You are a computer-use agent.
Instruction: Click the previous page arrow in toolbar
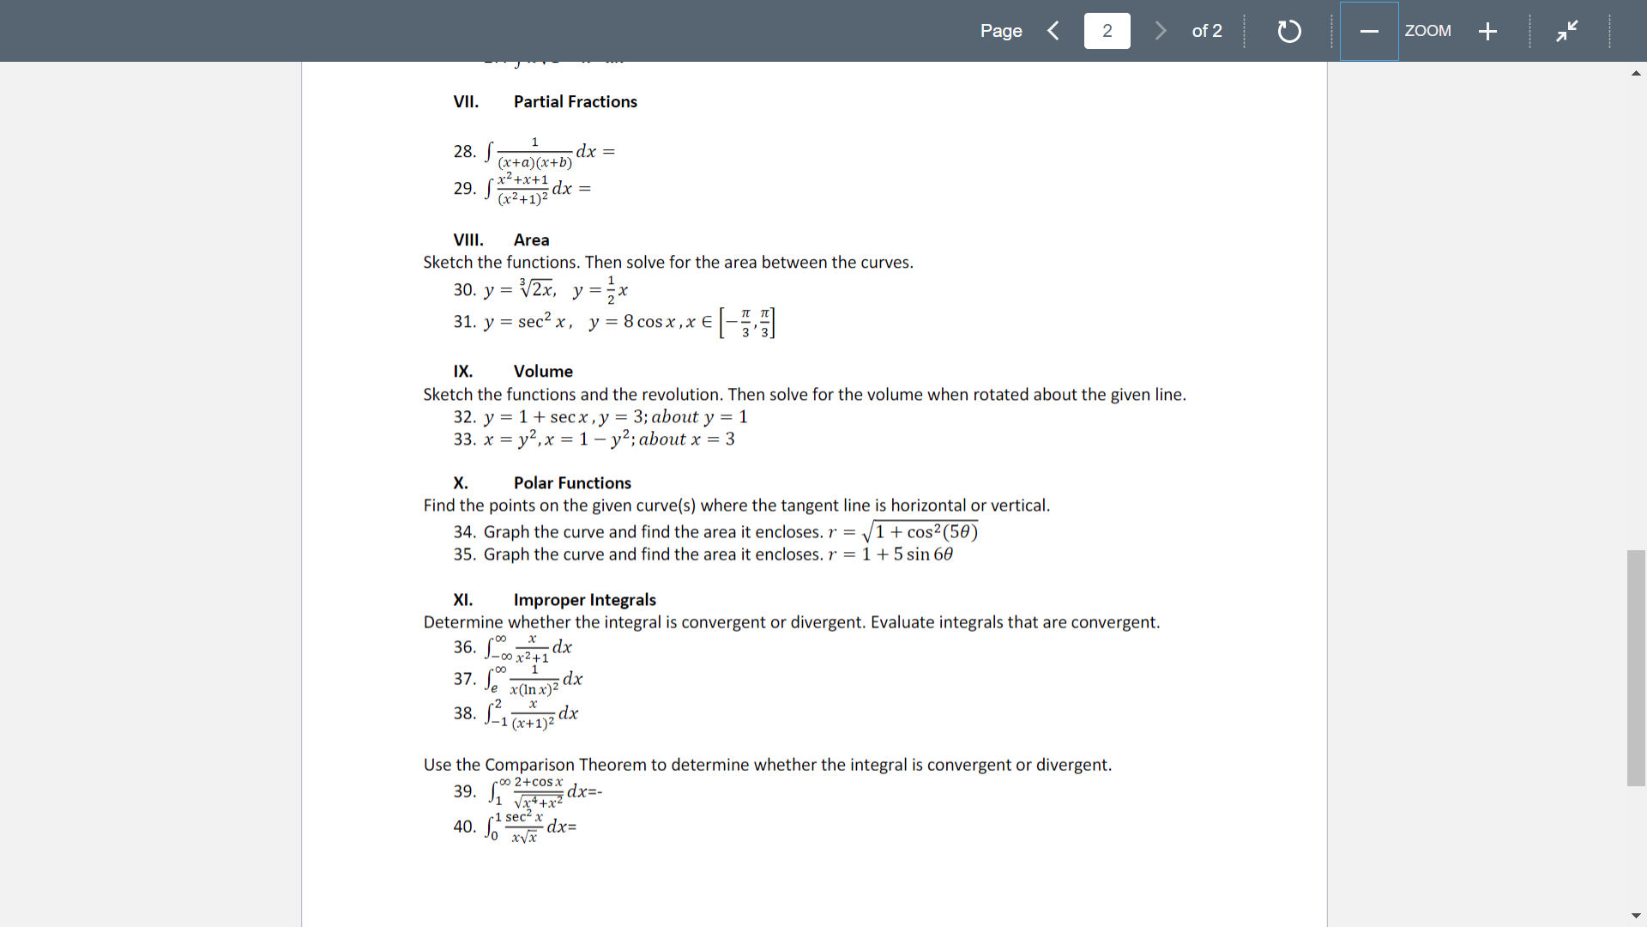pyautogui.click(x=1053, y=31)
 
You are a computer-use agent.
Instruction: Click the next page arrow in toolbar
pyautogui.click(x=1161, y=31)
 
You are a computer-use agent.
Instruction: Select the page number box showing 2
pyautogui.click(x=1107, y=31)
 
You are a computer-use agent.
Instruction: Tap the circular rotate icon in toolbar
pyautogui.click(x=1288, y=32)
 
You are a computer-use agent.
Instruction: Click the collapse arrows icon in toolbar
pyautogui.click(x=1566, y=31)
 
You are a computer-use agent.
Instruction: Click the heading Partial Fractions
pyautogui.click(x=575, y=101)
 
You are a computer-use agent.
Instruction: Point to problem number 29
pyautogui.click(x=464, y=188)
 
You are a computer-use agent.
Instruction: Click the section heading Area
pyautogui.click(x=531, y=240)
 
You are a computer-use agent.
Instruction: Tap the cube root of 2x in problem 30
pyautogui.click(x=537, y=289)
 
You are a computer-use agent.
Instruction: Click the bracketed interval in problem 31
pyautogui.click(x=747, y=323)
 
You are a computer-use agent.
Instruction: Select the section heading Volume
pyautogui.click(x=543, y=372)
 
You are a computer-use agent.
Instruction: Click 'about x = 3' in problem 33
pyautogui.click(x=686, y=439)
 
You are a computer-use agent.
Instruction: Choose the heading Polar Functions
pyautogui.click(x=572, y=483)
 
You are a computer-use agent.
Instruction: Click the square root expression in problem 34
pyautogui.click(x=920, y=531)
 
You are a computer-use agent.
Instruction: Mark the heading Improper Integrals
pyautogui.click(x=584, y=600)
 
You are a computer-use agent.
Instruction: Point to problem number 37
pyautogui.click(x=464, y=679)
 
